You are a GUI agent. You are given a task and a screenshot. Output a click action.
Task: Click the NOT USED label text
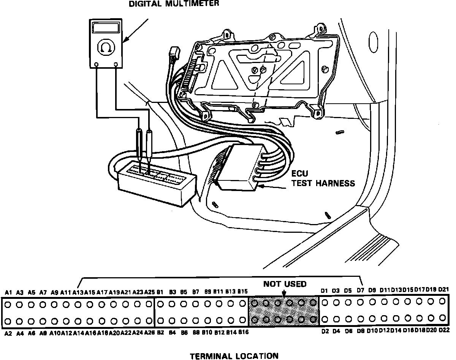coord(285,284)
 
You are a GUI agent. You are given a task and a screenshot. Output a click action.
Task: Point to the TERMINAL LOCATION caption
coord(234,356)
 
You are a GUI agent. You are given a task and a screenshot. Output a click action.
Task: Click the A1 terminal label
coord(9,292)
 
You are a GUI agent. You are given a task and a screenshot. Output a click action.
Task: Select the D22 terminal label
coord(444,331)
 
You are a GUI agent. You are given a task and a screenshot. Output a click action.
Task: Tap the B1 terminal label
coord(160,292)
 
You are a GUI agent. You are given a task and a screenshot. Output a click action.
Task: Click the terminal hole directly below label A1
coord(8,304)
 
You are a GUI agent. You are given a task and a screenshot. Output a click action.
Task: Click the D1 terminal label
coord(324,291)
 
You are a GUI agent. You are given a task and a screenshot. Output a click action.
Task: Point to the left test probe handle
coord(140,142)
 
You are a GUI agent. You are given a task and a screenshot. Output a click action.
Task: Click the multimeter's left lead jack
coord(97,65)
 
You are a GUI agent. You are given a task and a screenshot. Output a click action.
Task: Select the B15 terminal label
coord(242,292)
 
